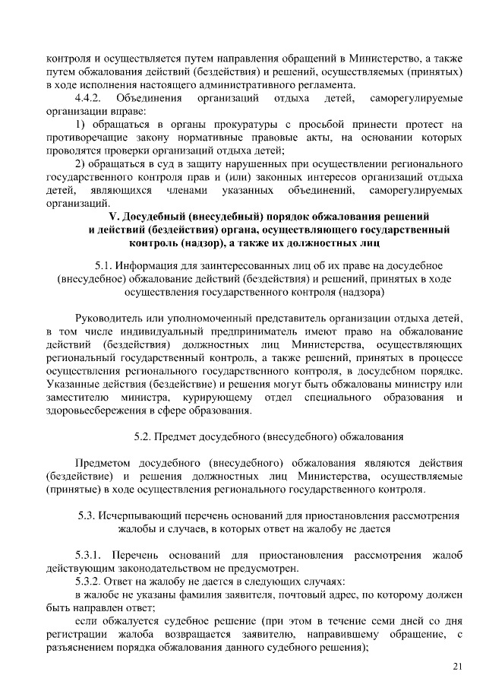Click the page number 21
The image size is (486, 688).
pos(456,666)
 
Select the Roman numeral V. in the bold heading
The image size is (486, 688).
pos(115,216)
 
